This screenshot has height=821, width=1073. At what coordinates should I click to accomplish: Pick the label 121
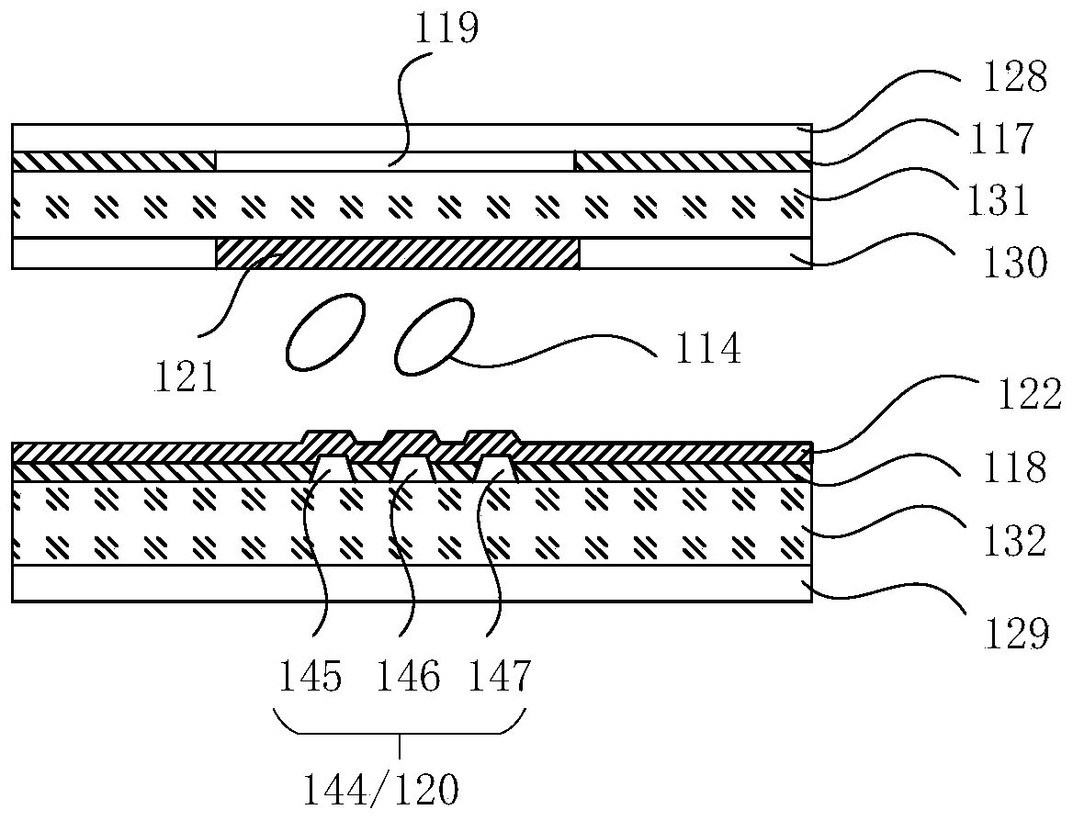point(187,377)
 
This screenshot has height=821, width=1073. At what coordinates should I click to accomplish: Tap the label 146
point(408,678)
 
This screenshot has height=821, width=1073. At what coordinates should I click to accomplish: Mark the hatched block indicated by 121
point(397,253)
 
